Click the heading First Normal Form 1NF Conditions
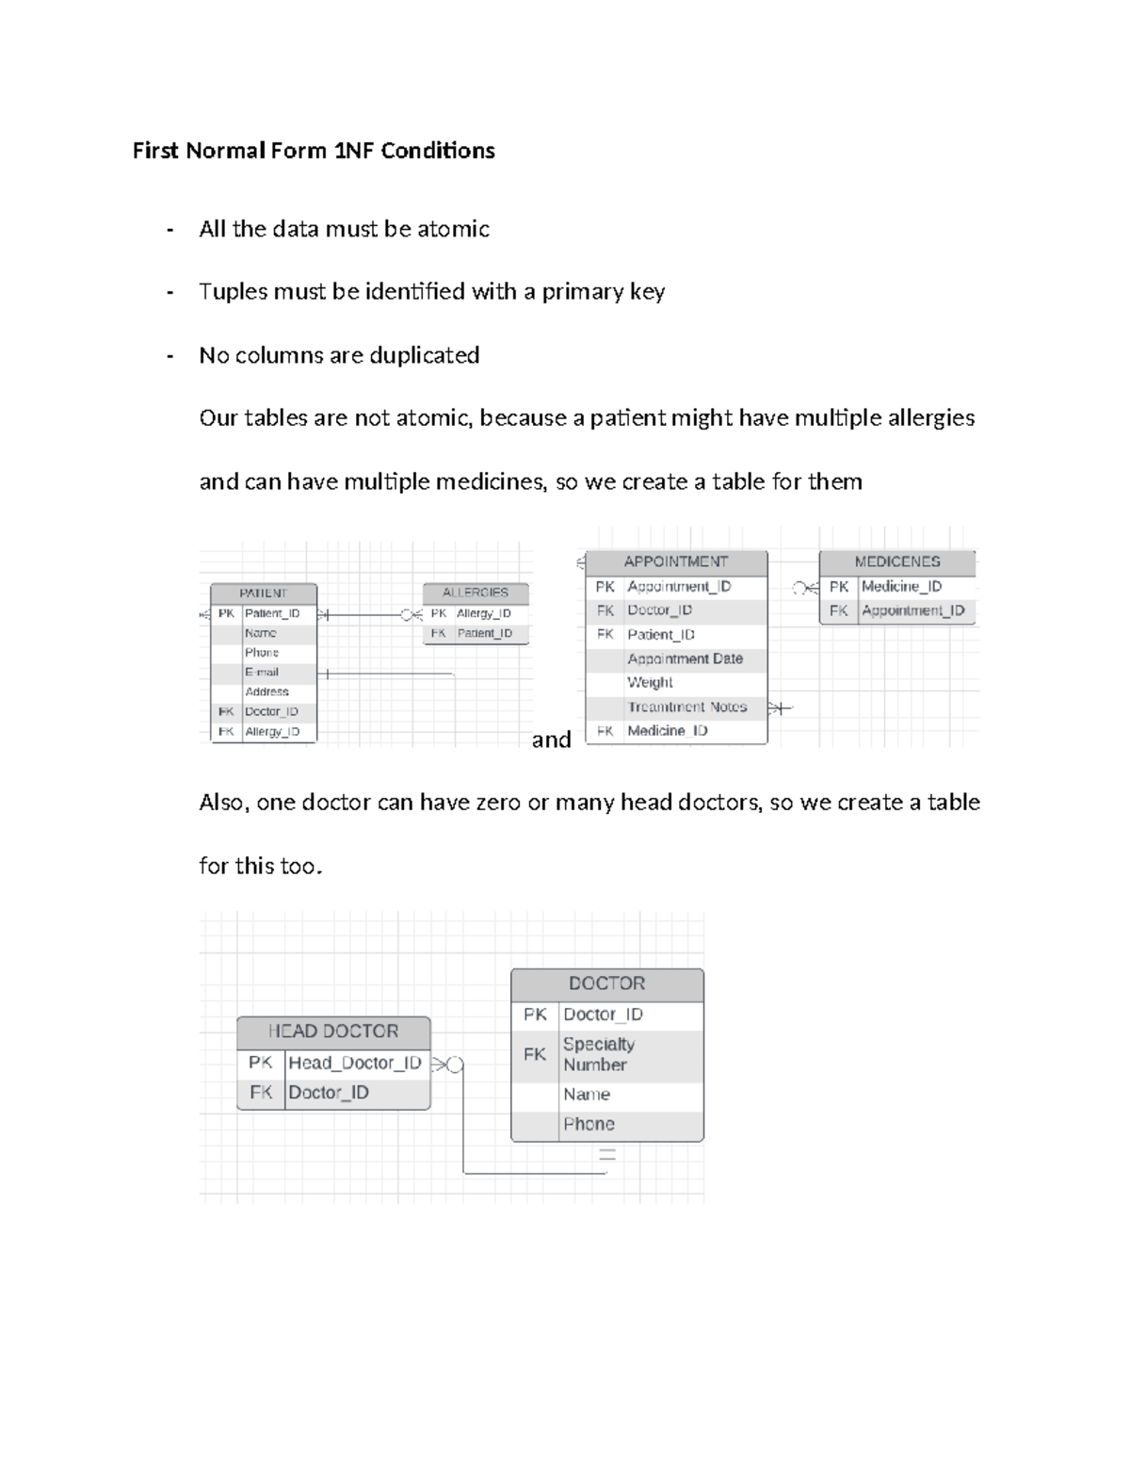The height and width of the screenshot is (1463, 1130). point(314,151)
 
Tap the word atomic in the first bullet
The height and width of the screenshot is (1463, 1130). point(453,229)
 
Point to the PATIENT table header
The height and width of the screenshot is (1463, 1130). point(263,593)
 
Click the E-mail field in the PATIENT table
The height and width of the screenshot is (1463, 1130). point(262,673)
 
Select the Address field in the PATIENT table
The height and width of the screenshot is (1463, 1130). point(266,691)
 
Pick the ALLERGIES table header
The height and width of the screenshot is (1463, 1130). point(476,593)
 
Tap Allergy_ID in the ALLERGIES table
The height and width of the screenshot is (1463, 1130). point(484,613)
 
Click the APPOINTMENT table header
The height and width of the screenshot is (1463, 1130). point(676,561)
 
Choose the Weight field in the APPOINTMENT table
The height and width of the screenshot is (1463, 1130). point(651,682)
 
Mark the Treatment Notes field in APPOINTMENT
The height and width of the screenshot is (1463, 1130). point(687,707)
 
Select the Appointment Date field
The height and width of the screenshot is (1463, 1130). point(686,658)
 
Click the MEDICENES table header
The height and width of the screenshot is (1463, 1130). point(897,561)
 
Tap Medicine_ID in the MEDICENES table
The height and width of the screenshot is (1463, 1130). point(901,586)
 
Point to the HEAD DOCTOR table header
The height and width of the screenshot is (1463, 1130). point(333,1031)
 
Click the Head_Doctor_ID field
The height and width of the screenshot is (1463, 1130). point(355,1063)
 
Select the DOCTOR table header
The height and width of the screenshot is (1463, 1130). point(607,983)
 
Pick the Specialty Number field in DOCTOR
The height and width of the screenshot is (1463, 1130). point(599,1054)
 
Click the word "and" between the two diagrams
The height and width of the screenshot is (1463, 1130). point(551,740)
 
